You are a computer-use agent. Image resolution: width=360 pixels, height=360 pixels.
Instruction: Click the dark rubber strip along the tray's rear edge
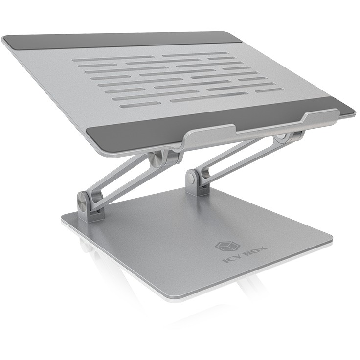(122, 40)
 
